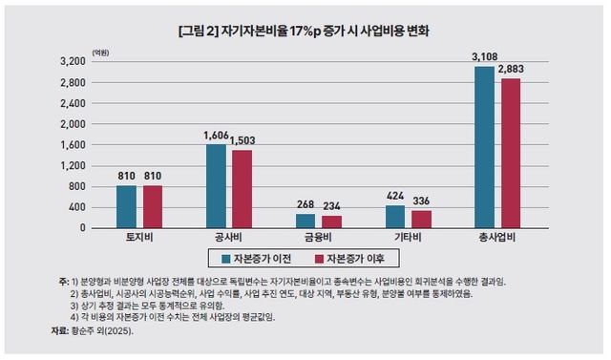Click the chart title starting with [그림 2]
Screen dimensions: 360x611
pyautogui.click(x=304, y=31)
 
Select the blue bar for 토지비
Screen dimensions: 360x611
pyautogui.click(x=126, y=206)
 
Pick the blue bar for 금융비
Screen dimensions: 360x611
pyautogui.click(x=305, y=221)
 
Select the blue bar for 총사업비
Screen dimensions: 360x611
pyautogui.click(x=485, y=147)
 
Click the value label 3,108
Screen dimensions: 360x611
pyautogui.click(x=484, y=57)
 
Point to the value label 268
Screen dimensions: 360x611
pyautogui.click(x=305, y=203)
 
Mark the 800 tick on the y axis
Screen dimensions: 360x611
pyautogui.click(x=73, y=186)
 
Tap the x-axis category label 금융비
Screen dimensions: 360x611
pyautogui.click(x=319, y=238)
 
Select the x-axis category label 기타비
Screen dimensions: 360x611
pyautogui.click(x=410, y=238)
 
